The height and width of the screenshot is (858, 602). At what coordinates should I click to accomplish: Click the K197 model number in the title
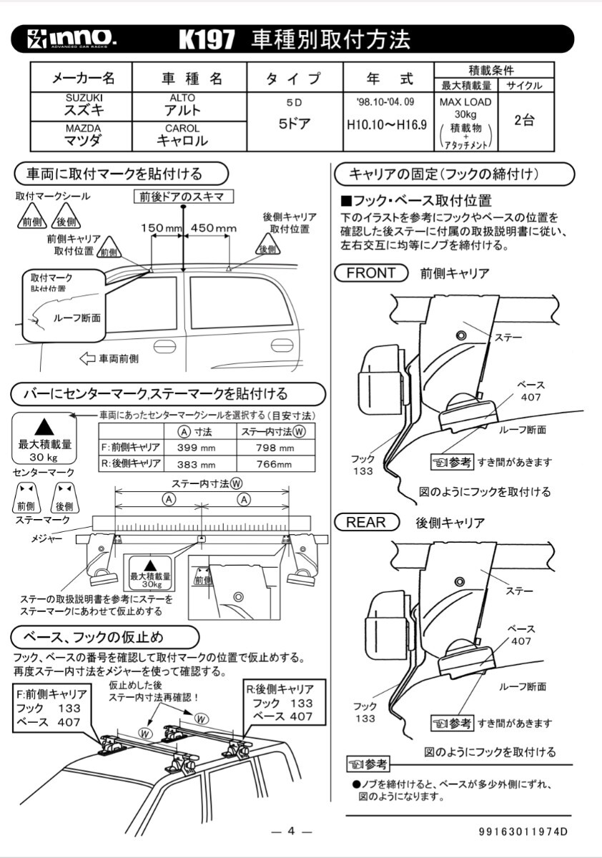(x=207, y=40)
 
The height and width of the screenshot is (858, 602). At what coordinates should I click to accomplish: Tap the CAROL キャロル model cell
(x=182, y=135)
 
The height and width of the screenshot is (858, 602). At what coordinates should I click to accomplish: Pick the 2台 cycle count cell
(x=525, y=120)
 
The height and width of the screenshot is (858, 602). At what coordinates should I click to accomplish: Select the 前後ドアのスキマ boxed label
(x=184, y=196)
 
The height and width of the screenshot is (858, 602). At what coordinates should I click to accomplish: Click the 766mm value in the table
(x=275, y=463)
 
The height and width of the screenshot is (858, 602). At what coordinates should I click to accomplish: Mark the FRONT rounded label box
(x=370, y=272)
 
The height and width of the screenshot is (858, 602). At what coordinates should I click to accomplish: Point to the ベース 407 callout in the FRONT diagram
(x=530, y=390)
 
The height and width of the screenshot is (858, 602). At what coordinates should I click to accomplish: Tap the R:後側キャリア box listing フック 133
(x=280, y=702)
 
